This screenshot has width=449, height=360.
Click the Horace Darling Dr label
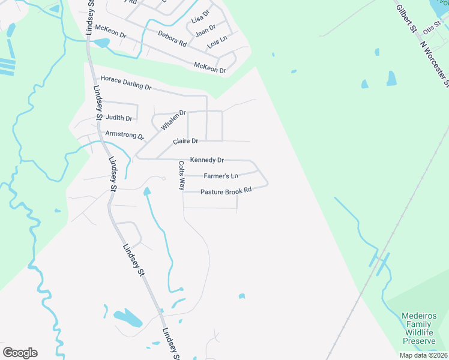pyautogui.click(x=126, y=83)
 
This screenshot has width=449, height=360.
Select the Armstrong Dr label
pyautogui.click(x=125, y=135)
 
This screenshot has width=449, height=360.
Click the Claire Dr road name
pyautogui.click(x=185, y=142)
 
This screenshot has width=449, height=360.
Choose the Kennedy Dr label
pyautogui.click(x=206, y=160)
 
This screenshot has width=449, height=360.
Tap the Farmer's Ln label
pyautogui.click(x=221, y=176)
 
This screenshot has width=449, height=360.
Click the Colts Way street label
pyautogui.click(x=181, y=175)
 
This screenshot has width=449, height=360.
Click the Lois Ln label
pyautogui.click(x=217, y=42)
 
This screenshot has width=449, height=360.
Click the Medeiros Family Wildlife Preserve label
pyautogui.click(x=419, y=328)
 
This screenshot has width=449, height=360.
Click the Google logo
pyautogui.click(x=20, y=353)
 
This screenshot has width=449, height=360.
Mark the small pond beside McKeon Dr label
pyautogui.click(x=101, y=43)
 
